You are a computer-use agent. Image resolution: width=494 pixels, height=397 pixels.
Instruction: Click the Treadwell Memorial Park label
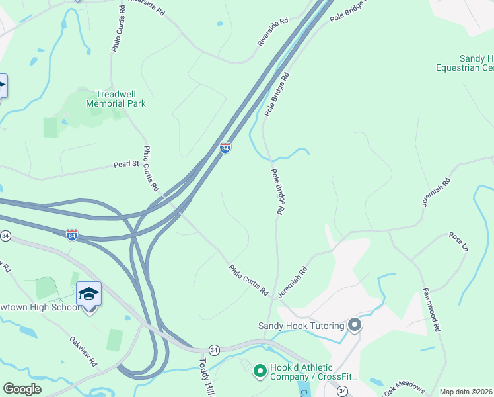[x=116, y=99]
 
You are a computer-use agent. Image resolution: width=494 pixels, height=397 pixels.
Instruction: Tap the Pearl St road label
[x=126, y=163]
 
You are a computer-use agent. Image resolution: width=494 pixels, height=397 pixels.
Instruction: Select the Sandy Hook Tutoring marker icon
[x=355, y=324]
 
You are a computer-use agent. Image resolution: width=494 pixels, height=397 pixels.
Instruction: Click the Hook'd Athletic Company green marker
[x=260, y=371]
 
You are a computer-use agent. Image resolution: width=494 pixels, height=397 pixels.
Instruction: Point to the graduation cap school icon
[x=88, y=293]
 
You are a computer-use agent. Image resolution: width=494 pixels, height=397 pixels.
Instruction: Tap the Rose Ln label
[x=458, y=242]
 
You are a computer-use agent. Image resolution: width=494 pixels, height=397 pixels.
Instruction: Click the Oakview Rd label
[x=84, y=351]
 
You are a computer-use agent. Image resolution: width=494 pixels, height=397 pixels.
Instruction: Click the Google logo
[x=22, y=389]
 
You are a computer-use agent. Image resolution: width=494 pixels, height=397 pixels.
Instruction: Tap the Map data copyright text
[x=465, y=392]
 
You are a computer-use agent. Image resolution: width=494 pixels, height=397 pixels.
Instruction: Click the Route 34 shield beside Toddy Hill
[x=214, y=349]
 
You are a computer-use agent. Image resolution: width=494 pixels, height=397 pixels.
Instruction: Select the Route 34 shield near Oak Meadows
[x=342, y=392]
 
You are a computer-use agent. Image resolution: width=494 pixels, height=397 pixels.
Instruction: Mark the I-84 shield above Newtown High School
[x=72, y=234]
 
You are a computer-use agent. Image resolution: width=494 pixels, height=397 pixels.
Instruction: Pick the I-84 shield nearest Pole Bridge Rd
[x=225, y=147]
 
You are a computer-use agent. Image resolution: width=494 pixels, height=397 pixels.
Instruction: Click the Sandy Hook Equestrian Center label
[x=465, y=63]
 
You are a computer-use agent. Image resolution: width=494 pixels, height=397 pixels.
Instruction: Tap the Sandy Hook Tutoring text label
[x=300, y=326]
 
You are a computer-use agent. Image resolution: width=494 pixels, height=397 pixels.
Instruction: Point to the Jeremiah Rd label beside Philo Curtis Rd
[x=293, y=281]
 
